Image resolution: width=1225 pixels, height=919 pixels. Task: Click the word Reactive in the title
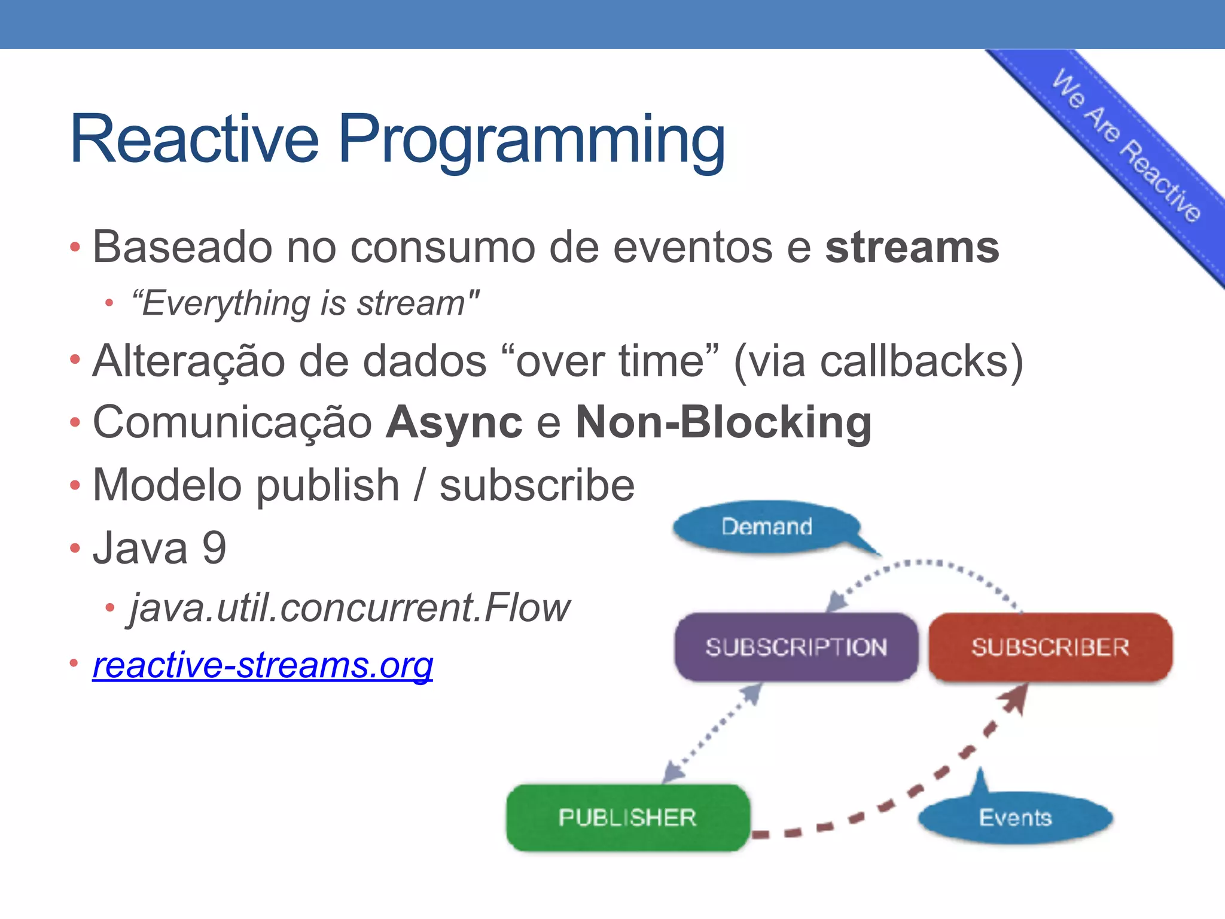coord(194,139)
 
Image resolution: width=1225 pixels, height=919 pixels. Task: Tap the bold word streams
coord(912,247)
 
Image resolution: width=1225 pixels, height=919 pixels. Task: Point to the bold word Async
coord(454,423)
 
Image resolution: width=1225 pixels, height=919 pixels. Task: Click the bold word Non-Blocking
coord(723,423)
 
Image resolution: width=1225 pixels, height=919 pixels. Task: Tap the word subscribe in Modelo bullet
coord(537,485)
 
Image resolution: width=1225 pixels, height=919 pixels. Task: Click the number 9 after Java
coord(214,548)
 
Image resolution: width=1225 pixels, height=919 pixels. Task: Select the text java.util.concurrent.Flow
coord(350,608)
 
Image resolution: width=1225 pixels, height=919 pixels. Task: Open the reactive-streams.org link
coord(263,665)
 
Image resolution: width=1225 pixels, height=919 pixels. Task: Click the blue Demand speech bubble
coord(766,527)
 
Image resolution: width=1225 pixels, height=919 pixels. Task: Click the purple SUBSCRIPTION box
coord(796,647)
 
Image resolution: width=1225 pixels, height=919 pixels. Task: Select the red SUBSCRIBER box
coord(1050,647)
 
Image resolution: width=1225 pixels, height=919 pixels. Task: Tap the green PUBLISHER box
coord(627,817)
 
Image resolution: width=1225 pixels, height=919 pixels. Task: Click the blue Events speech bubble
coord(1014,817)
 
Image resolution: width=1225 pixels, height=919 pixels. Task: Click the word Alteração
coord(189,361)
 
